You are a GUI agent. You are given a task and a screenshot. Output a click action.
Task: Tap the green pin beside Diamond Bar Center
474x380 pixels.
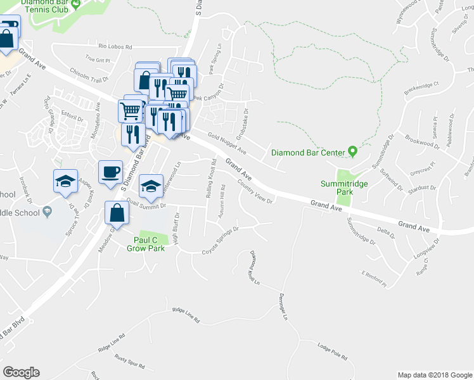tap(354, 152)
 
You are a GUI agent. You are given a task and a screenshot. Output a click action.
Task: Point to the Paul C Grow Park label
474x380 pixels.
tap(149, 244)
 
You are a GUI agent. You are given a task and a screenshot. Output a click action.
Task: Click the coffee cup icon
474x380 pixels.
tap(110, 172)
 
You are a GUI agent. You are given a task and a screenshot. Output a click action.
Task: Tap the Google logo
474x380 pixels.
tap(21, 372)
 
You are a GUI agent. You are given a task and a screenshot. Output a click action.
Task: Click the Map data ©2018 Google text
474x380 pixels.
tap(434, 375)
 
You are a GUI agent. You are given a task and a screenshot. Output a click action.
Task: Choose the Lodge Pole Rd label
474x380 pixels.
tap(333, 351)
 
